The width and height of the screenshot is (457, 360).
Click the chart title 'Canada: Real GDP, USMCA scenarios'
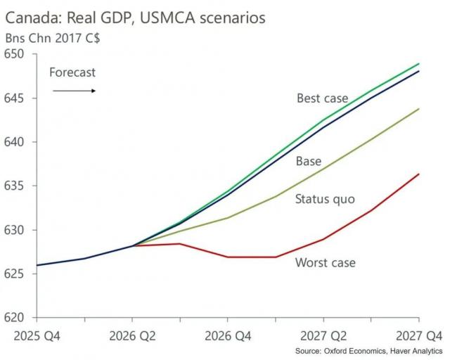pyautogui.click(x=136, y=18)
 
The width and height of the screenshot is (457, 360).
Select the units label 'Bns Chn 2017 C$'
pyautogui.click(x=52, y=39)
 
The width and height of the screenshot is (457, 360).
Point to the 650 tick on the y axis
pyautogui.click(x=15, y=54)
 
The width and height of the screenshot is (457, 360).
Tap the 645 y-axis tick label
pyautogui.click(x=15, y=98)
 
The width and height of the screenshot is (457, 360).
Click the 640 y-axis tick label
pyautogui.click(x=15, y=142)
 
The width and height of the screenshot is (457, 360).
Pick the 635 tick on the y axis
pyautogui.click(x=15, y=186)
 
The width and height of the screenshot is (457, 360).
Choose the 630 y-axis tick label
pyautogui.click(x=15, y=230)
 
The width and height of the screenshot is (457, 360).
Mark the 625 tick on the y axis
pyautogui.click(x=15, y=274)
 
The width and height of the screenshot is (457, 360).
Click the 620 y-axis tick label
pyautogui.click(x=15, y=318)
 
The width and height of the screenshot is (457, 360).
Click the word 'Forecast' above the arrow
pyautogui.click(x=72, y=72)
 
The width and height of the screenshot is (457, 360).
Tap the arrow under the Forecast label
pyautogui.click(x=74, y=90)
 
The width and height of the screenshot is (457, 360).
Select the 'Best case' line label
pyautogui.click(x=322, y=98)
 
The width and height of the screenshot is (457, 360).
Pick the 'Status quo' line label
pyautogui.click(x=325, y=199)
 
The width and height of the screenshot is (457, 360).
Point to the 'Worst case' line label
pyautogui.click(x=326, y=262)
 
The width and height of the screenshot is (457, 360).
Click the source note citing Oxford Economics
pyautogui.click(x=368, y=350)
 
